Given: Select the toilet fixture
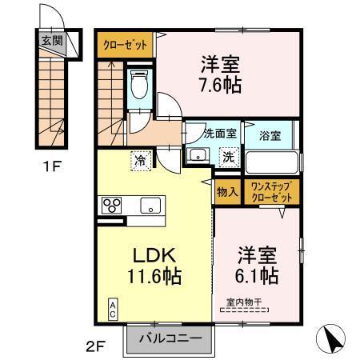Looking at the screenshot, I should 138,86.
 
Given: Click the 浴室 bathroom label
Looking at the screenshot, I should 270,135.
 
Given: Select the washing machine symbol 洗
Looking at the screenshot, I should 228,156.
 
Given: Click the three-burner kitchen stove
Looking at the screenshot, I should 110,206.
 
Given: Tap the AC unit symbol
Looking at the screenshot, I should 113,308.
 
